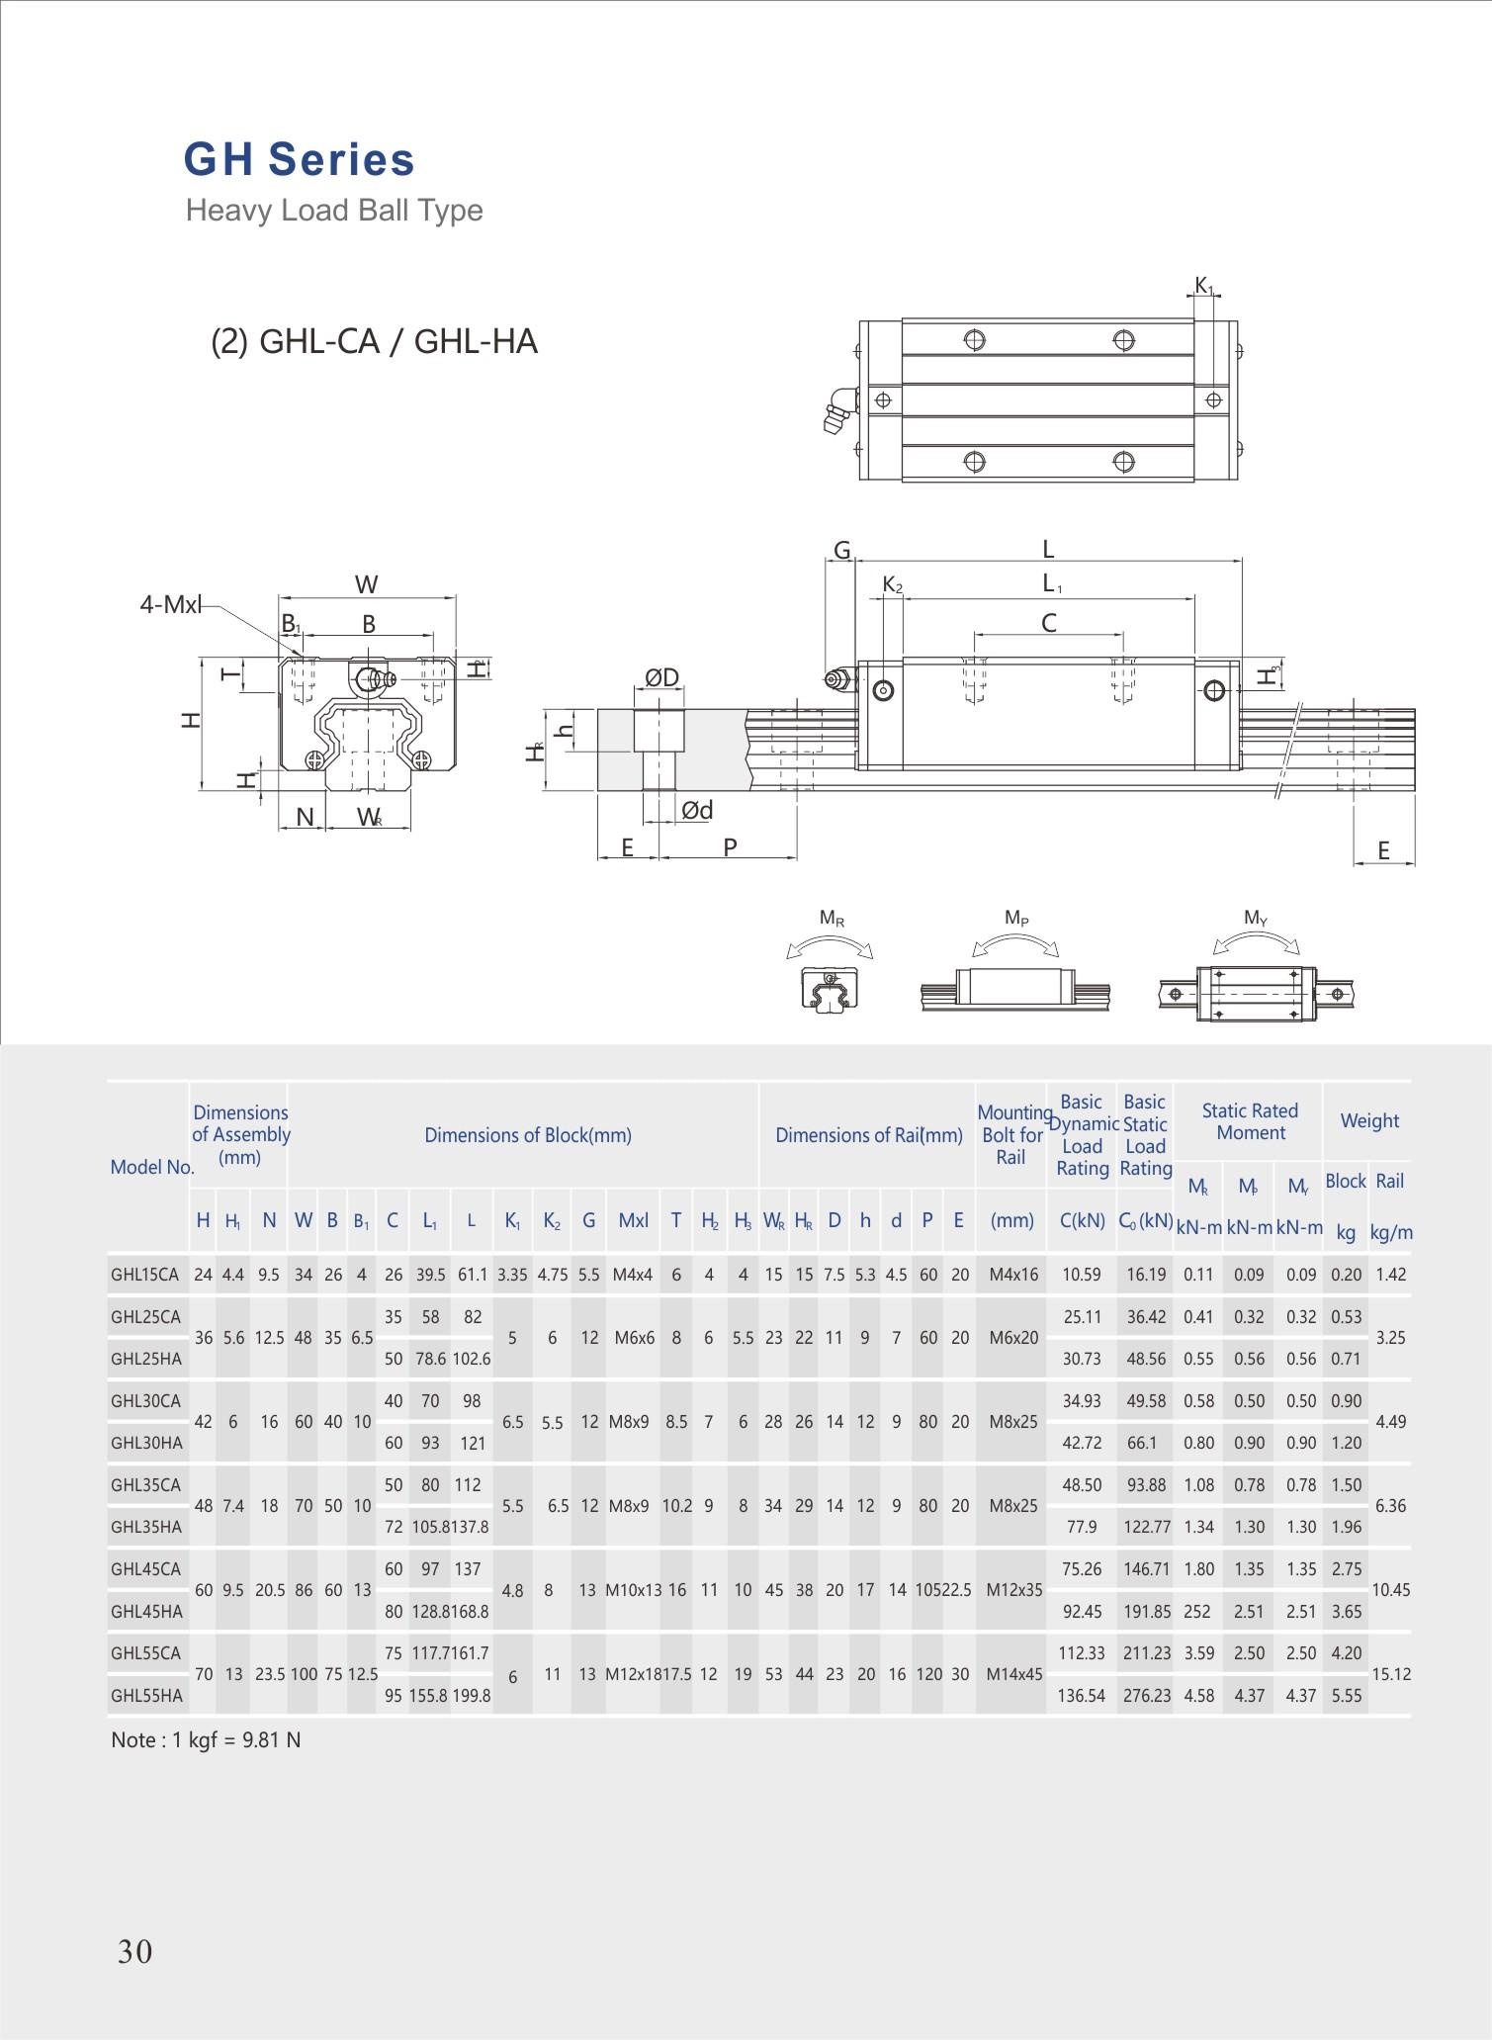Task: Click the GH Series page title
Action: click(299, 160)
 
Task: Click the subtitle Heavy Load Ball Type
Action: click(334, 211)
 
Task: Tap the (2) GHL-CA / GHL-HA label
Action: click(374, 341)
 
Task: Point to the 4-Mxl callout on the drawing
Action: click(170, 604)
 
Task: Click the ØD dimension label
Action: click(662, 677)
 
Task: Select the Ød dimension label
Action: click(697, 810)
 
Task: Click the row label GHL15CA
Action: click(145, 1275)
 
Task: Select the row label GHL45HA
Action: click(146, 1612)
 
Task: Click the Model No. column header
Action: click(151, 1167)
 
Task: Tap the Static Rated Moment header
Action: click(1250, 1121)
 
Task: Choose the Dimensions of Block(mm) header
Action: click(527, 1135)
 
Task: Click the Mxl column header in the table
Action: click(633, 1220)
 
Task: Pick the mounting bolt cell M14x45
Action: click(1013, 1674)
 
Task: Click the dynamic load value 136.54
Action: click(1081, 1696)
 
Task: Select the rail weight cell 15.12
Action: click(1390, 1674)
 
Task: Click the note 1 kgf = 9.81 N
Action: click(206, 1740)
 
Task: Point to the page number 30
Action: click(134, 1951)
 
